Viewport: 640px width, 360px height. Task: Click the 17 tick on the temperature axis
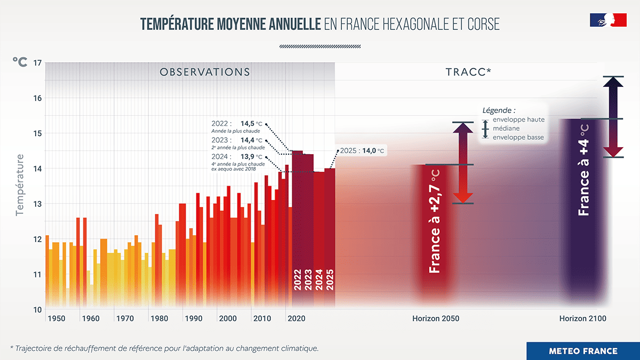coord(37,63)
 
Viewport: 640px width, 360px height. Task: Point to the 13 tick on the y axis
coord(37,204)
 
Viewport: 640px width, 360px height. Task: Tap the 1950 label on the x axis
coord(56,318)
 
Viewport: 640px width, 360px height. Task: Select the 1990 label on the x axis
coord(193,318)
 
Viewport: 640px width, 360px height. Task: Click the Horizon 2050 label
coord(436,318)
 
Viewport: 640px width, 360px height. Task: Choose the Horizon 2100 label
coord(583,318)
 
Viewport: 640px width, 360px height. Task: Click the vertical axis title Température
coord(20,185)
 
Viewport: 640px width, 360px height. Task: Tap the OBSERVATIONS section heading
coord(205,72)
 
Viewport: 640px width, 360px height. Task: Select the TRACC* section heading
coord(468,72)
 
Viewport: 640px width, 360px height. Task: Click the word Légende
coord(499,110)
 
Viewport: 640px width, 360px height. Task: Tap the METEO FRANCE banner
coord(583,351)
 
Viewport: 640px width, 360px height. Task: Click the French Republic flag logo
coord(607,20)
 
